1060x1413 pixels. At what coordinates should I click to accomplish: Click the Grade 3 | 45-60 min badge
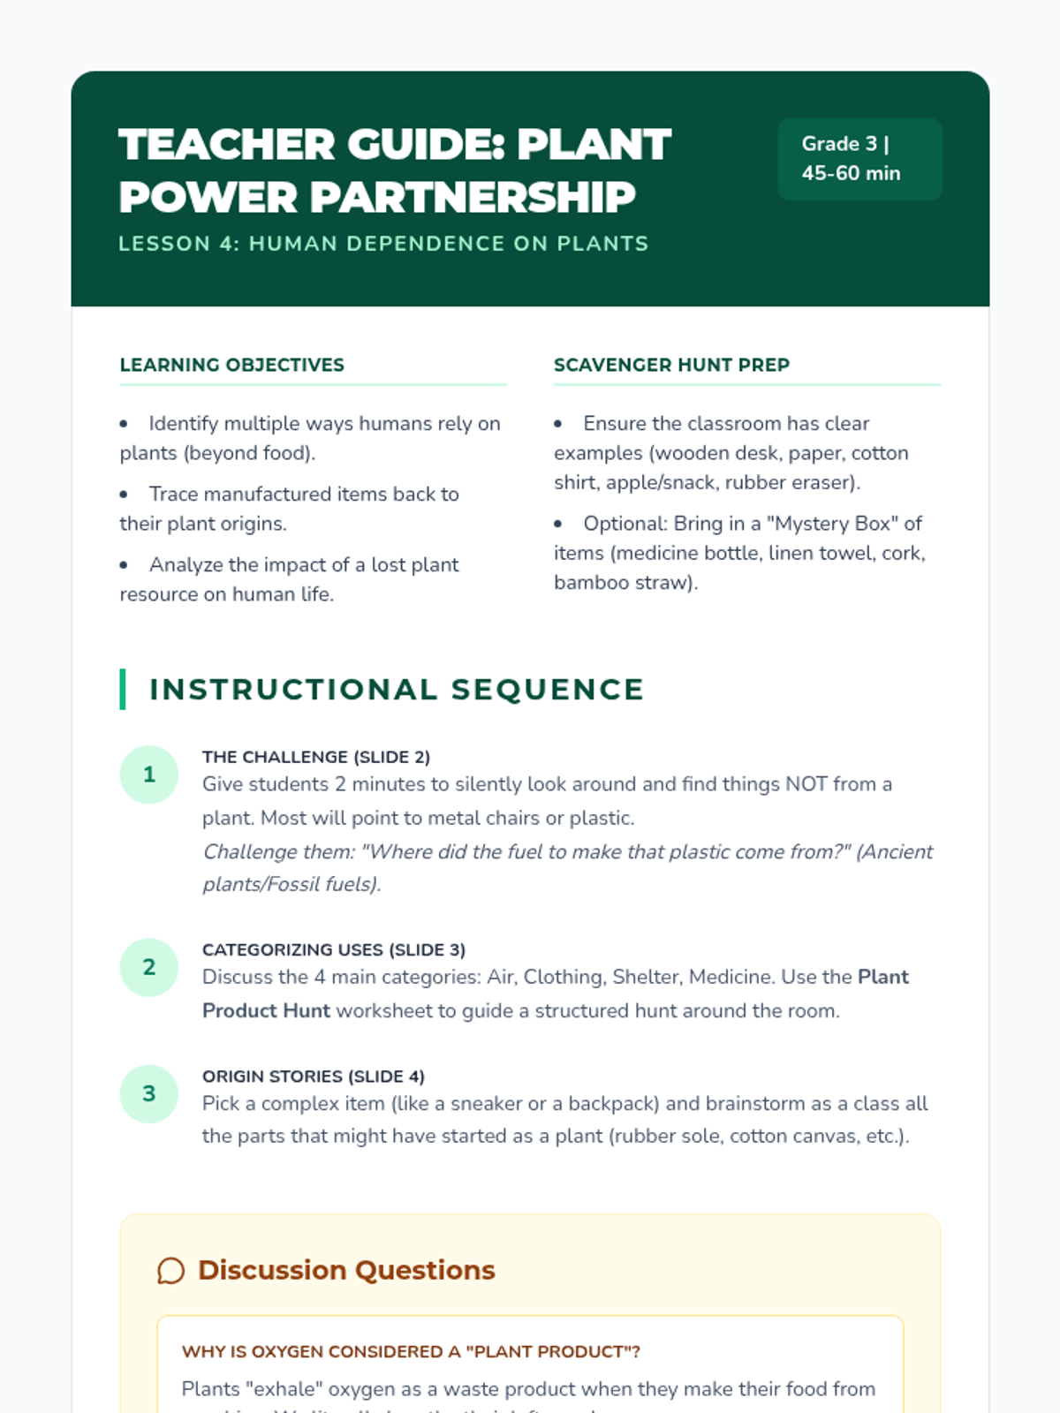859,159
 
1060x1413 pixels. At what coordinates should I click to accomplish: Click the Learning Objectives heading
231,365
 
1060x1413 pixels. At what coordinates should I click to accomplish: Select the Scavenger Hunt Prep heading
671,365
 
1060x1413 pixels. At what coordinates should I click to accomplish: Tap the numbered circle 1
149,775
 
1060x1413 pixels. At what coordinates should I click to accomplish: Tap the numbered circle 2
149,967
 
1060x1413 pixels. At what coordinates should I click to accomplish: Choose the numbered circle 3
149,1093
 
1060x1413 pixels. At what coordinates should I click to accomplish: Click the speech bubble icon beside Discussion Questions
170,1271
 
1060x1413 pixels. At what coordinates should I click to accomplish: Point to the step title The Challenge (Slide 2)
315,757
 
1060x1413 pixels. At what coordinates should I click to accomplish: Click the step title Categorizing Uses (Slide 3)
333,949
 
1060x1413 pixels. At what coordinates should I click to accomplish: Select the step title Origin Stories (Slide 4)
313,1077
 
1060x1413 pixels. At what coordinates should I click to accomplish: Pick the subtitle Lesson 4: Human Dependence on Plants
383,244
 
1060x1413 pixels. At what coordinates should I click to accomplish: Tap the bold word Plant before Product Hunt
882,977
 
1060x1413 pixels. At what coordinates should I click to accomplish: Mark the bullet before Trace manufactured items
124,495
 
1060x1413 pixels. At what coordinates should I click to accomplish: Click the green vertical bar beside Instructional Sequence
123,690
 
